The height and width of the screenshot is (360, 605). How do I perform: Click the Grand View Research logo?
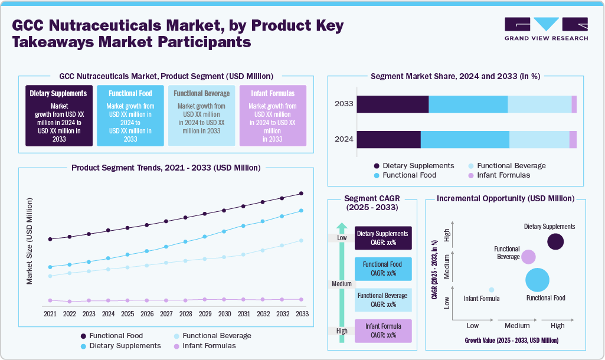click(546, 29)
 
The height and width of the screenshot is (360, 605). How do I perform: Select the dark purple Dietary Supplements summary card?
click(58, 115)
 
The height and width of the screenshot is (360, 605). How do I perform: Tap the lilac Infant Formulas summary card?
click(273, 115)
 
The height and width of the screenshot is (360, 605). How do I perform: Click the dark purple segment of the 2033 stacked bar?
click(393, 104)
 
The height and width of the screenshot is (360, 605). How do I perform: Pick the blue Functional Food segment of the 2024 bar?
click(465, 140)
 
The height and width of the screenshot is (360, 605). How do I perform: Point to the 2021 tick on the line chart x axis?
click(50, 313)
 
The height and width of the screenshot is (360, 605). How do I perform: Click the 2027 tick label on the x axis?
click(166, 313)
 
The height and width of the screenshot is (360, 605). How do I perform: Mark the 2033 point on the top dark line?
click(302, 194)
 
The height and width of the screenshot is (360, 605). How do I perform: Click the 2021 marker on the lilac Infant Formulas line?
click(50, 300)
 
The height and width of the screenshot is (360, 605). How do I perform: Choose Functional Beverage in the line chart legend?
click(217, 336)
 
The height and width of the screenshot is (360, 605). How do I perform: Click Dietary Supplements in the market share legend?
click(418, 166)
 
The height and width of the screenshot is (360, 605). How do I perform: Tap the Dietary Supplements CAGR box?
click(383, 238)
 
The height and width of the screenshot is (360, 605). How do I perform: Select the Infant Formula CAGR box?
click(383, 330)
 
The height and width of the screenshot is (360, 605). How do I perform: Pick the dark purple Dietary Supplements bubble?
click(555, 241)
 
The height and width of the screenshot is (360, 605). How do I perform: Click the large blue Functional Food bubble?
click(537, 280)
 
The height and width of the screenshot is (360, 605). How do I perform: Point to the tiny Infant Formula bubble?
click(491, 289)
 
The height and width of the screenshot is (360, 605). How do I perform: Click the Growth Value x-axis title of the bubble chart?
click(511, 341)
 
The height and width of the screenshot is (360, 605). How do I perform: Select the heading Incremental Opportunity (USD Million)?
click(505, 199)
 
